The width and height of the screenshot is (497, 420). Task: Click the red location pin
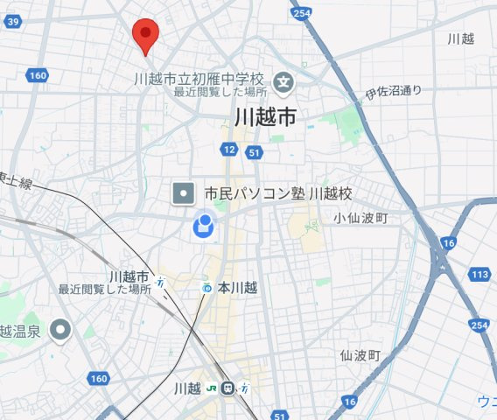pos(145,35)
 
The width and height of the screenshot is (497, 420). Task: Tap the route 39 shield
pos(12,23)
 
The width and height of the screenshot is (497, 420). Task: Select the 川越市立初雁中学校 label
pos(199,78)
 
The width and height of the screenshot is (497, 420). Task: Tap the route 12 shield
pos(229,150)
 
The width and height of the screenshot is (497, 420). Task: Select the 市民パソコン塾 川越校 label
pos(276,192)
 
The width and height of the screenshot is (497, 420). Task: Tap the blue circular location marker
pos(203,227)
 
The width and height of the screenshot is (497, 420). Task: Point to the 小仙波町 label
pos(360,218)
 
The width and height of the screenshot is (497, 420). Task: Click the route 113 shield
pos(479,276)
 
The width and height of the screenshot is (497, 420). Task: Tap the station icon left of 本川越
pos(206,287)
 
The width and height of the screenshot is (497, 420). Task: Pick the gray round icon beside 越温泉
pos(59,330)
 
